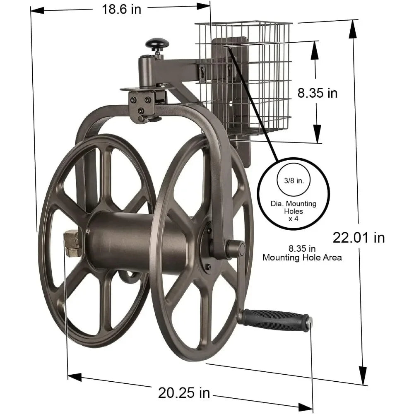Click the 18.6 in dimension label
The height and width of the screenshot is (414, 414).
point(122,10)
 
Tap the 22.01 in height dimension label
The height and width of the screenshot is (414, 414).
point(359,237)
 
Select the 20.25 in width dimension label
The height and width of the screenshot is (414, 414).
point(184,392)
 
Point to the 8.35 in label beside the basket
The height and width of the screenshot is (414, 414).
point(318,93)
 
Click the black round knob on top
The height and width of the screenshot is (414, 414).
point(157,43)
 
